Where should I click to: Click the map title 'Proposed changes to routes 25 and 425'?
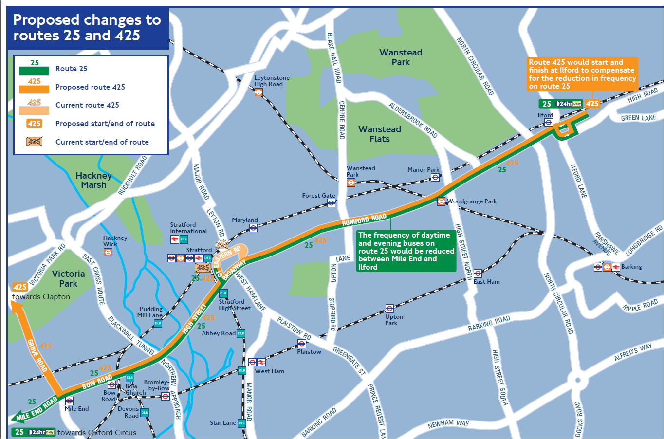pyautogui.click(x=87, y=28)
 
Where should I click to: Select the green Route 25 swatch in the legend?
pyautogui.click(x=34, y=71)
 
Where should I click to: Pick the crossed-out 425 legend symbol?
pyautogui.click(x=34, y=142)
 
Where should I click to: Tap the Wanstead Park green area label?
pyautogui.click(x=401, y=57)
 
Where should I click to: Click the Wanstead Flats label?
pyautogui.click(x=380, y=134)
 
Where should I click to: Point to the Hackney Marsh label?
pyautogui.click(x=93, y=180)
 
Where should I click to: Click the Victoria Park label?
pyautogui.click(x=68, y=278)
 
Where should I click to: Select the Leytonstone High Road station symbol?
pyautogui.click(x=259, y=92)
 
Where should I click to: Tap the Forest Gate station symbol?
pyautogui.click(x=331, y=203)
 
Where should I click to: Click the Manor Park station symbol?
pyautogui.click(x=435, y=178)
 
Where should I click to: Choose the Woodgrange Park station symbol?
pyautogui.click(x=441, y=201)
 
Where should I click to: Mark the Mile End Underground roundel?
pyautogui.click(x=69, y=401)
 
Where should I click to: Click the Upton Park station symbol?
pyautogui.click(x=389, y=309)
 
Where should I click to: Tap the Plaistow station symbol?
pyautogui.click(x=302, y=344)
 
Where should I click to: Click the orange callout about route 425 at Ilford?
pyautogui.click(x=582, y=74)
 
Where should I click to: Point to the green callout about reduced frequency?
pyautogui.click(x=406, y=251)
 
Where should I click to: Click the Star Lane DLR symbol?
pyautogui.click(x=241, y=423)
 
